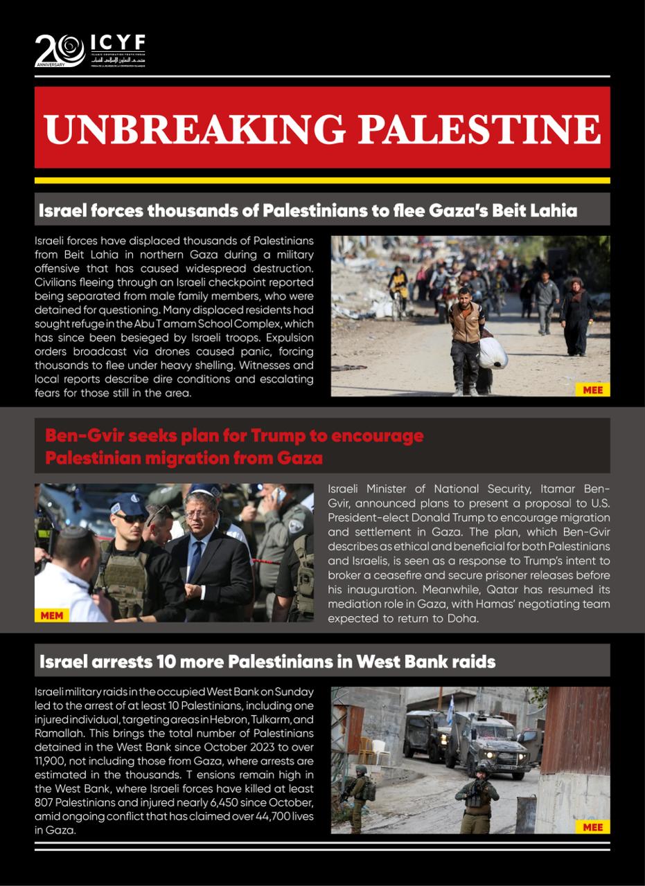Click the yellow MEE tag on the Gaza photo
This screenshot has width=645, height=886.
(x=592, y=390)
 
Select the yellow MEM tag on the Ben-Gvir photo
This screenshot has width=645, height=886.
(x=52, y=615)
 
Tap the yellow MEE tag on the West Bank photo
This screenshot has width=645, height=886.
(x=592, y=826)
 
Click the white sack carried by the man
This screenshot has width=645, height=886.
(x=493, y=352)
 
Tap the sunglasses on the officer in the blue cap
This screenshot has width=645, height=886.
(x=132, y=518)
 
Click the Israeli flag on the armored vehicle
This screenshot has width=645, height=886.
(x=450, y=711)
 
